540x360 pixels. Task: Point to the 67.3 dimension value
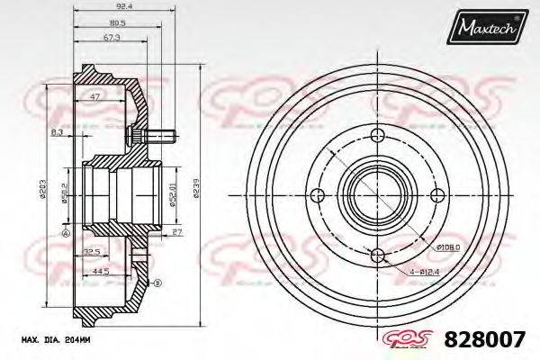point(111,38)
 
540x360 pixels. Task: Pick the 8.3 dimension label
point(57,132)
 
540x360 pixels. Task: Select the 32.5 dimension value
point(90,251)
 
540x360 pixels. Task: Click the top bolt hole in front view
point(376,136)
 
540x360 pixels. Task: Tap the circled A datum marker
point(65,233)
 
